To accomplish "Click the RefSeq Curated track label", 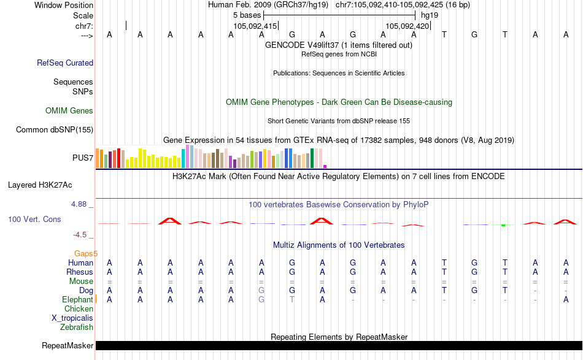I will [x=65, y=63].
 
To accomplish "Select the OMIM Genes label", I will [x=69, y=111].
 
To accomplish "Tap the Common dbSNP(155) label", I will [x=55, y=129].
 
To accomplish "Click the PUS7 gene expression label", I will [x=83, y=158].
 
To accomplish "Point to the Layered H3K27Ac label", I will [x=48, y=185].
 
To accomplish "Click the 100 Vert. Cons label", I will [x=34, y=219].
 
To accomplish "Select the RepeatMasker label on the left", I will [x=68, y=346].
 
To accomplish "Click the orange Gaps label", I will [x=86, y=253].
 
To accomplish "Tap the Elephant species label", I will [x=77, y=299].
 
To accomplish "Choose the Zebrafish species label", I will [x=77, y=327].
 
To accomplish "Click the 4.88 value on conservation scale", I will [x=81, y=204].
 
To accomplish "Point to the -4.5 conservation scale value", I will [x=83, y=234].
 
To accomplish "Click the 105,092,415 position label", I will [x=255, y=26].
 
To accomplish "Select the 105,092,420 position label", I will [x=407, y=26].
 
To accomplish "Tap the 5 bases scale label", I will [x=247, y=15].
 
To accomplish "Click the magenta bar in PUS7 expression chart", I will [x=325, y=166].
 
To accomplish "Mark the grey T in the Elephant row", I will [x=292, y=299].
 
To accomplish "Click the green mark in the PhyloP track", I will [x=503, y=225].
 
